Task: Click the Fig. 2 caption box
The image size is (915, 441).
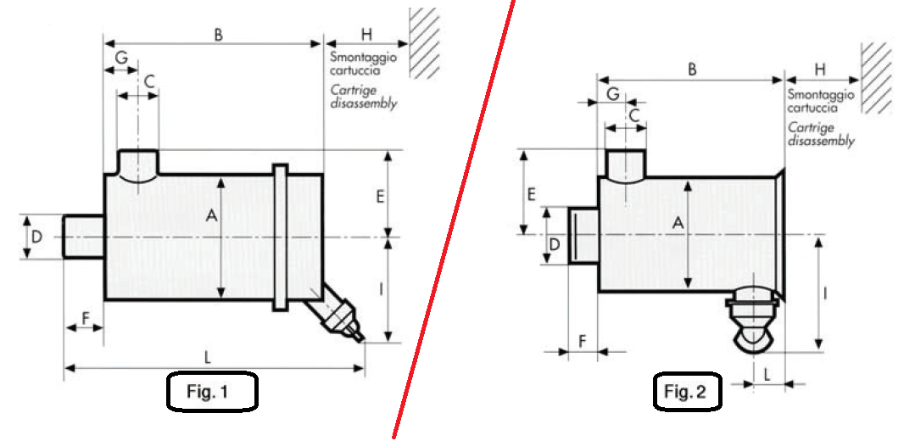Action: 686,391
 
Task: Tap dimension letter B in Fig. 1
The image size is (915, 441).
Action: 218,35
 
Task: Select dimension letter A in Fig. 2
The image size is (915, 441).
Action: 678,223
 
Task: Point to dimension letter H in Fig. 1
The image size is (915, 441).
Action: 366,35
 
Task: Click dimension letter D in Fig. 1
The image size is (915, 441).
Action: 36,236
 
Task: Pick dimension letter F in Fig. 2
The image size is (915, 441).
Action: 583,340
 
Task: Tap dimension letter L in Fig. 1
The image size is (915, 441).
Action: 209,355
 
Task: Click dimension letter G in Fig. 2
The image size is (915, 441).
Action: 612,94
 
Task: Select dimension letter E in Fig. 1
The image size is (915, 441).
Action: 380,196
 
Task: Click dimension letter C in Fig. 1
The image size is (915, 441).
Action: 148,82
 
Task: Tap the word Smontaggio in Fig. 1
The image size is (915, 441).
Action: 358,57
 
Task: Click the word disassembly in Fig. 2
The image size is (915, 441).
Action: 820,142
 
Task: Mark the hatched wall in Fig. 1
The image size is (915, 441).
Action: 424,42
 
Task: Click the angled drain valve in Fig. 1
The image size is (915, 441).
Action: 341,314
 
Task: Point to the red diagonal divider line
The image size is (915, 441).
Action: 455,220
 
